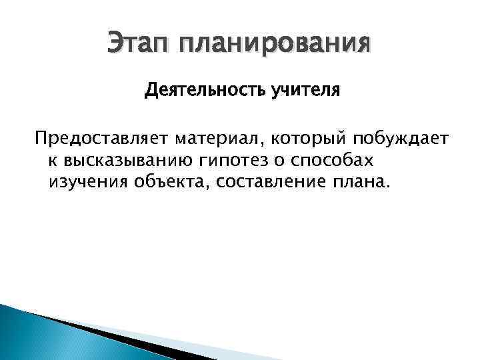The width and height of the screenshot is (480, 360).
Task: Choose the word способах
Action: (338, 161)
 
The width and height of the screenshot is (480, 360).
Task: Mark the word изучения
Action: (85, 182)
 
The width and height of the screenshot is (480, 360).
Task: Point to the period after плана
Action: (383, 187)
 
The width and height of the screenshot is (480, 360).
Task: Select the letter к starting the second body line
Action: (52, 161)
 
